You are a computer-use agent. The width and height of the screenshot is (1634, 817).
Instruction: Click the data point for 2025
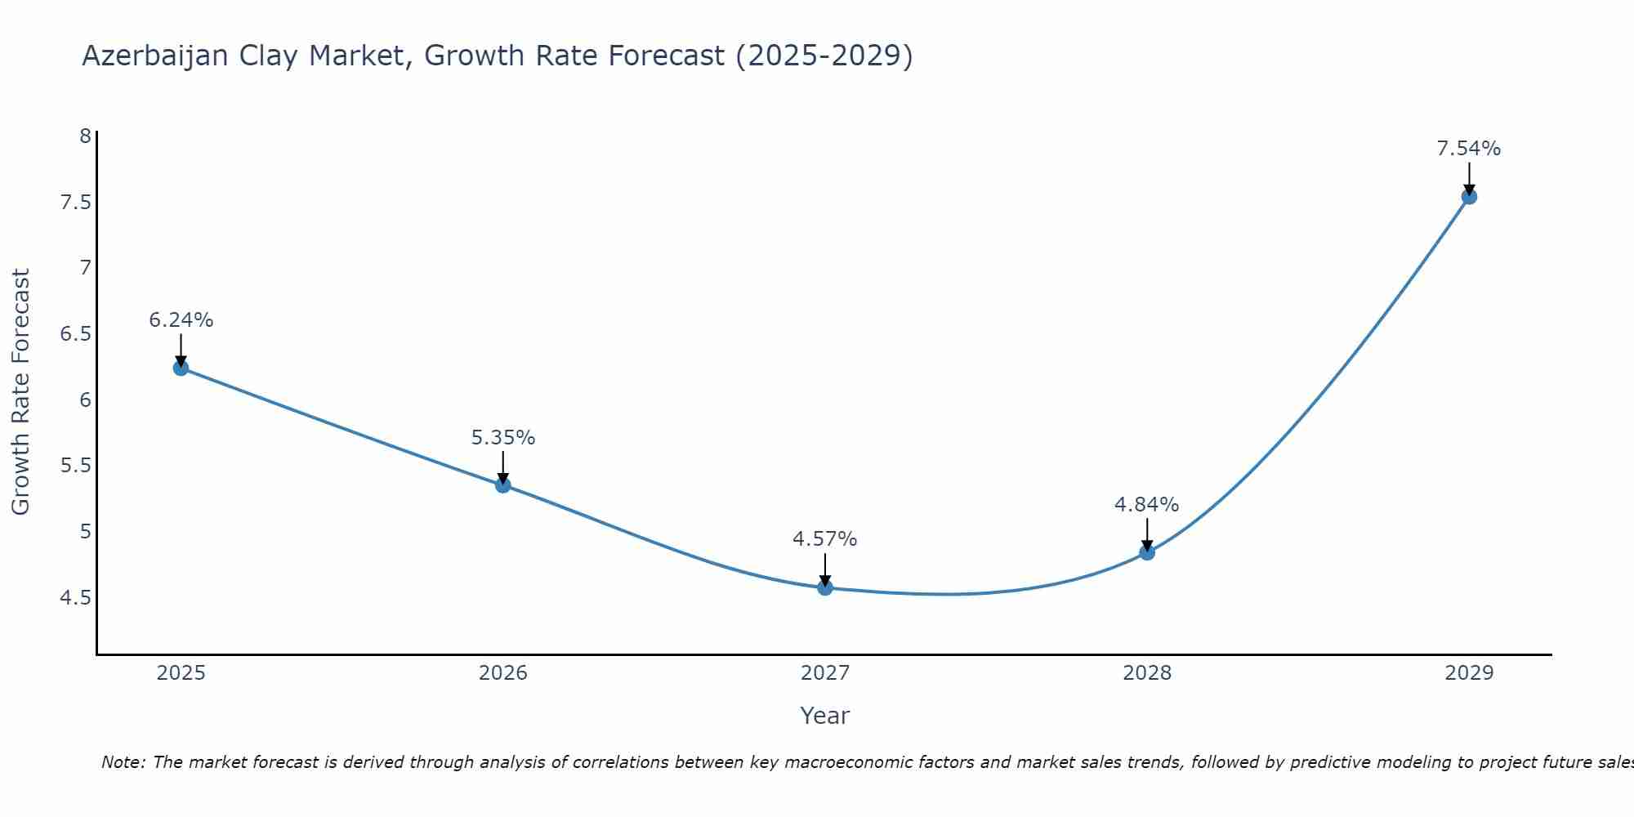coord(181,368)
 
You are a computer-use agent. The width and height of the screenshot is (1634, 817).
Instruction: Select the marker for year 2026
coord(502,485)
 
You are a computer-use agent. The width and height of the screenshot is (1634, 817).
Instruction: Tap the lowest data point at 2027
coord(825,587)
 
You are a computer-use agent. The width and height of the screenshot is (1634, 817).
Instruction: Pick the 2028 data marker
coord(1147,552)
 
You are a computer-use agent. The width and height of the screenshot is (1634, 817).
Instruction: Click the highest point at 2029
coord(1469,196)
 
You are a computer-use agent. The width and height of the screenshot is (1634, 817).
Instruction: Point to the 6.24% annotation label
coord(181,320)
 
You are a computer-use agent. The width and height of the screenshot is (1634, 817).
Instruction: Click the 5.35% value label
coord(502,438)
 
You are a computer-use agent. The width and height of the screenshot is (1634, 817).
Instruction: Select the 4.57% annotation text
coord(824,539)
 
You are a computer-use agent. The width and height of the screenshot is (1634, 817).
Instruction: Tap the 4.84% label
coord(1146,505)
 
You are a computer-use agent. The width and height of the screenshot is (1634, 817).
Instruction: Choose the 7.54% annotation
coord(1468,149)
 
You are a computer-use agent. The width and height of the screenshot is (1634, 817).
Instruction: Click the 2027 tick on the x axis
coord(825,673)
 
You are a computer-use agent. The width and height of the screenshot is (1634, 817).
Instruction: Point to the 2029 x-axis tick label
coord(1469,673)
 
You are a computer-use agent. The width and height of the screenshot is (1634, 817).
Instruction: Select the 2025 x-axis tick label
coord(181,673)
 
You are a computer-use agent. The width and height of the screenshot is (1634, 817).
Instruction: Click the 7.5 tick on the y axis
coord(75,202)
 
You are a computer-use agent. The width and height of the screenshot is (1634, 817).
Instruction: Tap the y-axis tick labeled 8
coord(85,136)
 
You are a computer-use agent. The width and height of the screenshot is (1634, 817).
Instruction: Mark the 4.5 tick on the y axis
coord(75,598)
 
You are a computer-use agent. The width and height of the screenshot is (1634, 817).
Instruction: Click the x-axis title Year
coord(824,716)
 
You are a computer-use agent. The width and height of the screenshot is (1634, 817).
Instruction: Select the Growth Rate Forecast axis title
coord(21,391)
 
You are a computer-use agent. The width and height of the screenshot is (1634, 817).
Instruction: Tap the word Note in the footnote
coord(122,762)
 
